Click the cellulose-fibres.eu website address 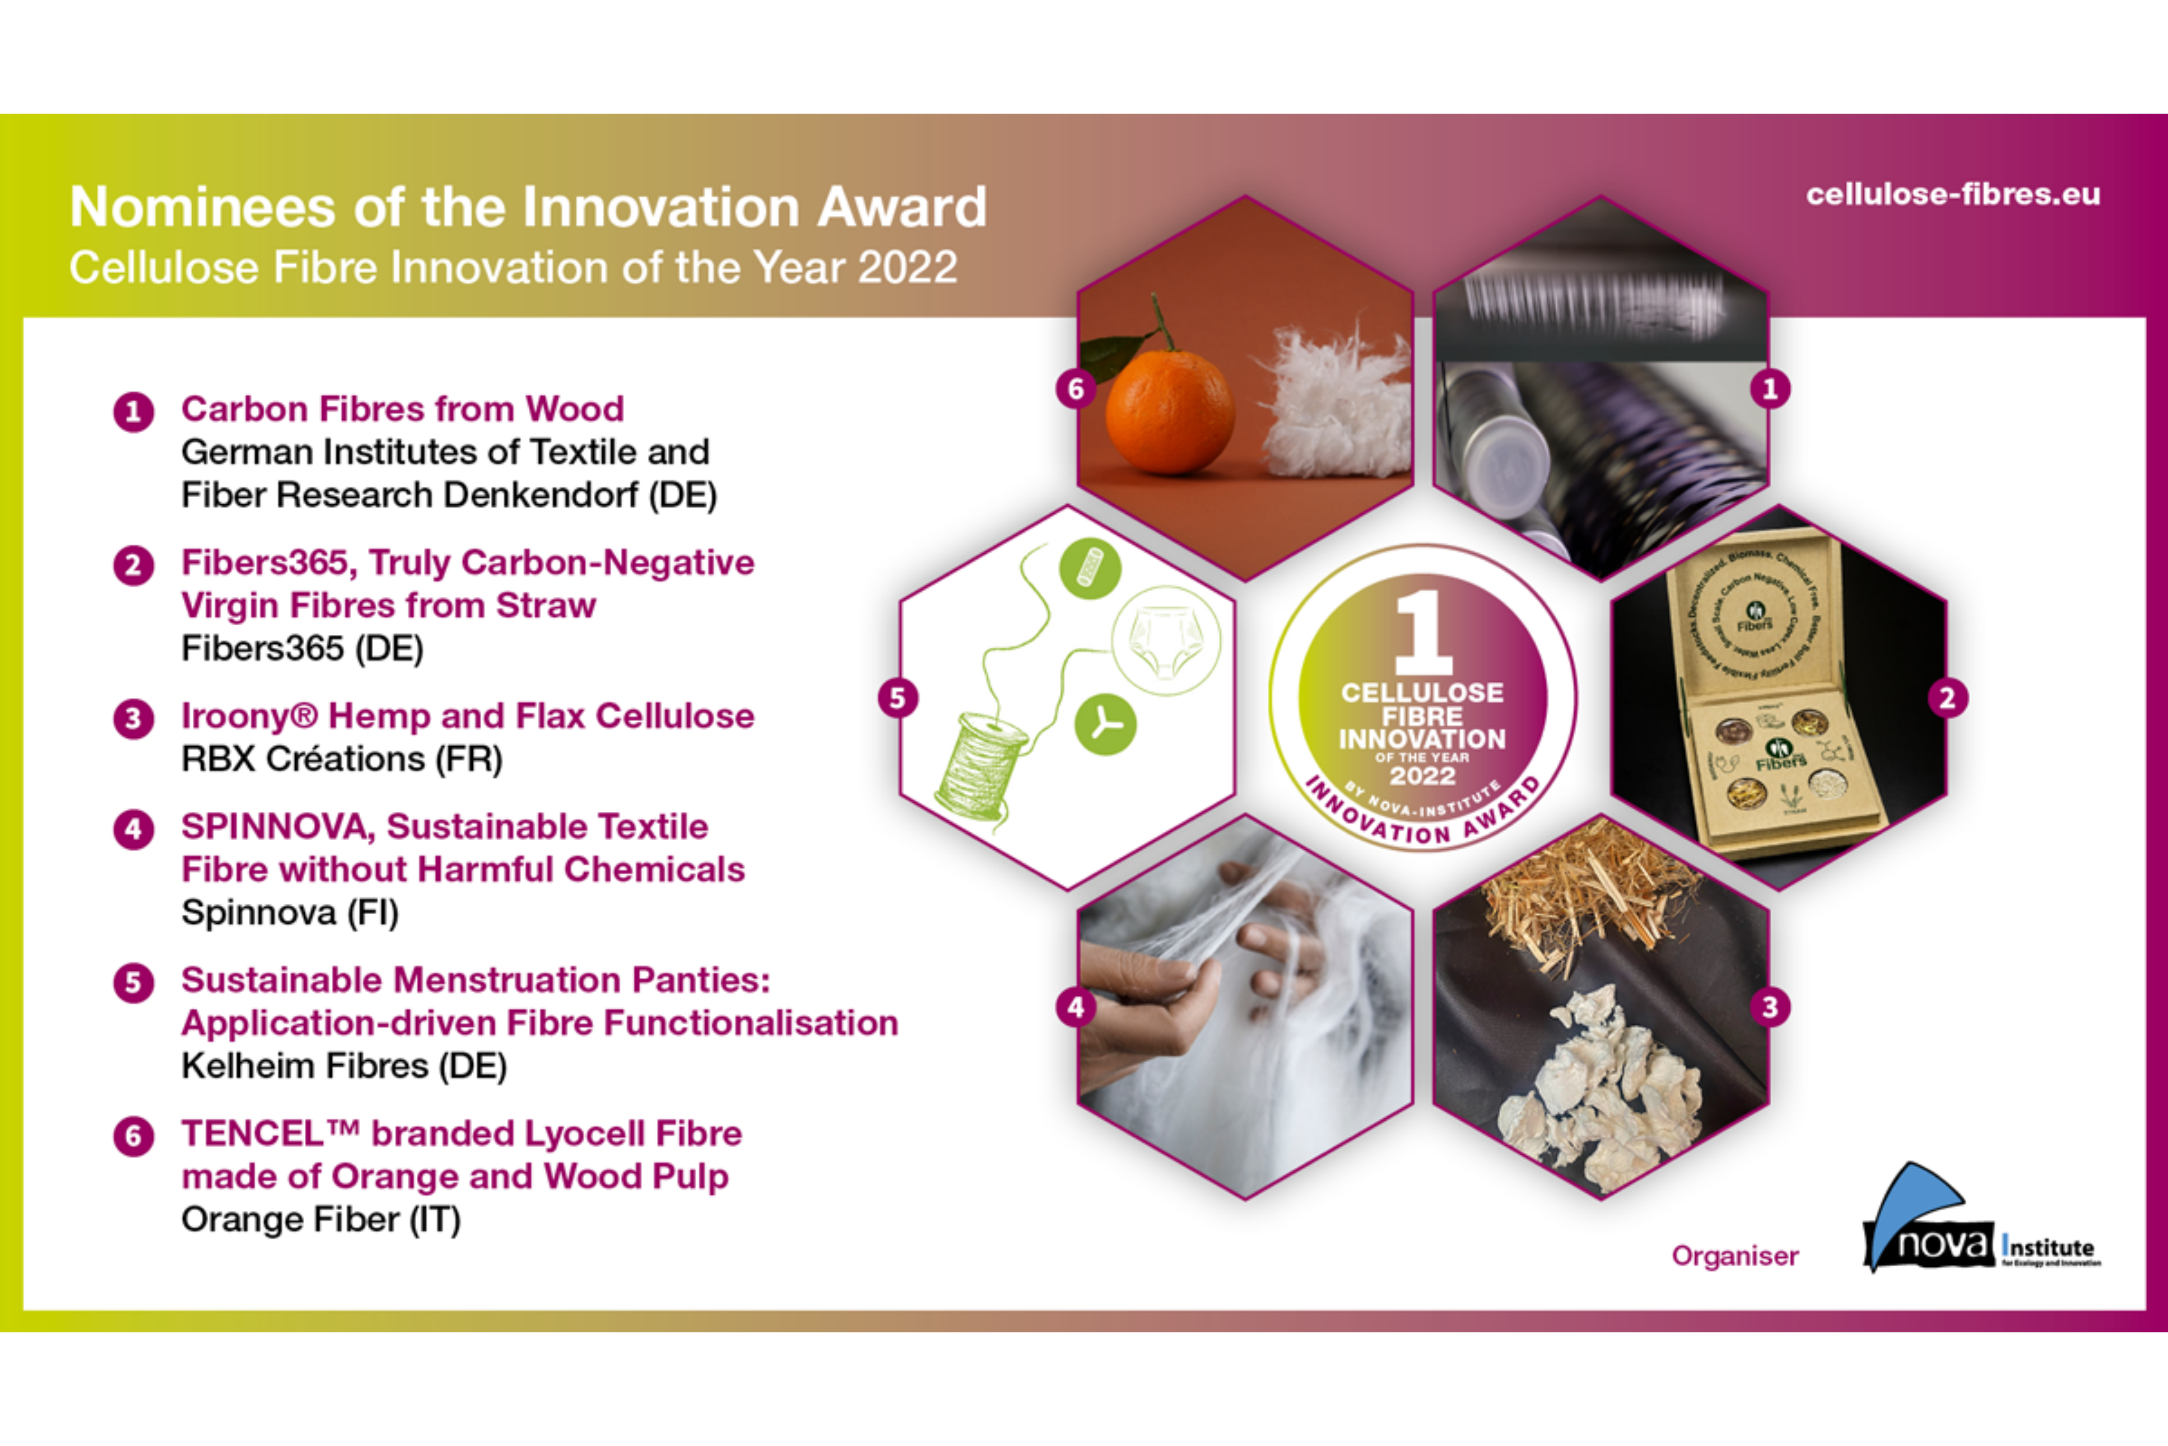click(x=1952, y=195)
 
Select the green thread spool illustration click(x=980, y=765)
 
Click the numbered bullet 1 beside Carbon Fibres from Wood click(x=134, y=411)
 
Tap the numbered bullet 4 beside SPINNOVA click(x=134, y=829)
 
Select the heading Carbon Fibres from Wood click(x=402, y=409)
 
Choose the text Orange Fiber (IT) click(x=320, y=1219)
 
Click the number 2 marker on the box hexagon click(x=1947, y=698)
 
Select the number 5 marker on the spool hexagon click(x=897, y=698)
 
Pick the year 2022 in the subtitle click(x=907, y=268)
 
